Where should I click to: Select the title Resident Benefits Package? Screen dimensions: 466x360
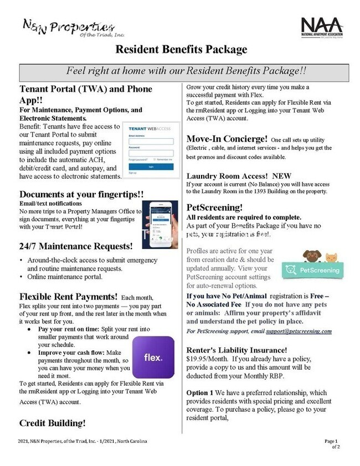181,50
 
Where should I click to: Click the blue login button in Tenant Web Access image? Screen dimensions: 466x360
151,165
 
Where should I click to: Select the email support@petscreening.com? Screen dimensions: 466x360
305,331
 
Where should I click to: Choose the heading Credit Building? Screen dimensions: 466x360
53,423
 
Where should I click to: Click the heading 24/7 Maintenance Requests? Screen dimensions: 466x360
76,245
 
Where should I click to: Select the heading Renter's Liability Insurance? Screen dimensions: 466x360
236,349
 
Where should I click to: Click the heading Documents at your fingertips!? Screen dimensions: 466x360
81,194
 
